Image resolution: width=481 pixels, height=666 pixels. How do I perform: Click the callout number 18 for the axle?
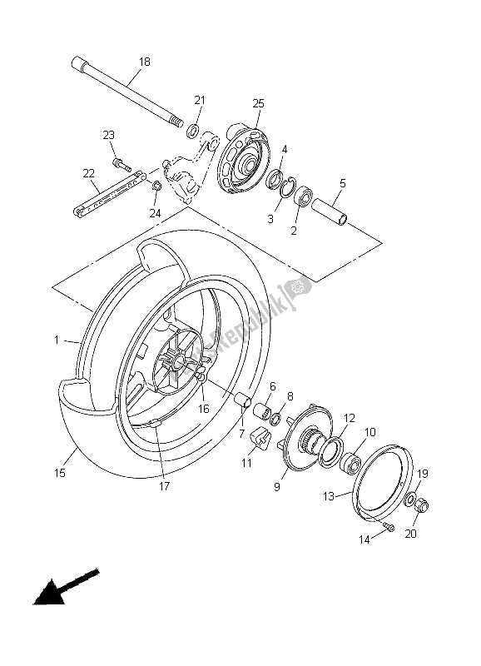[x=145, y=62]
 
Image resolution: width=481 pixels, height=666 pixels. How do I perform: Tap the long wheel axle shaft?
[x=125, y=92]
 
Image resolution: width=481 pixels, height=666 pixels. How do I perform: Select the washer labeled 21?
[x=193, y=131]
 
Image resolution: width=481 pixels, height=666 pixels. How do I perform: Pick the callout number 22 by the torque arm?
[x=89, y=173]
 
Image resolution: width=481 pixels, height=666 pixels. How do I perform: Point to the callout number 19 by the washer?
[x=423, y=473]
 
